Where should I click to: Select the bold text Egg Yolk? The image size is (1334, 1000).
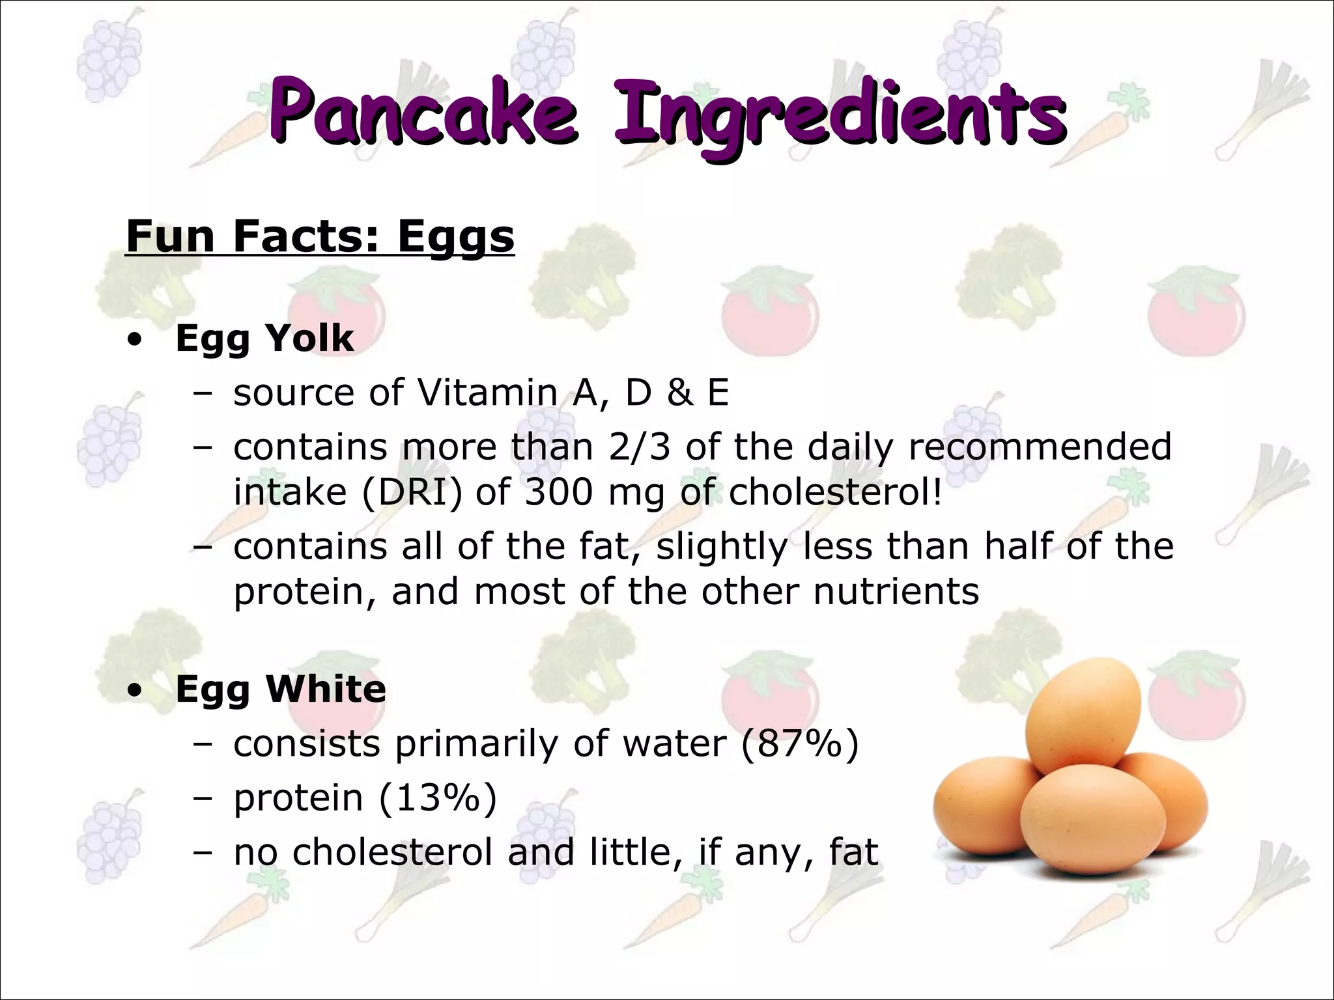(x=264, y=339)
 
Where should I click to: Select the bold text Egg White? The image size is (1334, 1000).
(x=281, y=689)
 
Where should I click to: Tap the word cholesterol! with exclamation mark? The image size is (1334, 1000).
(x=835, y=492)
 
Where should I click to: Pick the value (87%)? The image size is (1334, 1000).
(x=800, y=743)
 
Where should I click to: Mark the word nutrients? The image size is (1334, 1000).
(x=896, y=591)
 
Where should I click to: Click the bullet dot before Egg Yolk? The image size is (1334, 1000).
(x=134, y=340)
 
